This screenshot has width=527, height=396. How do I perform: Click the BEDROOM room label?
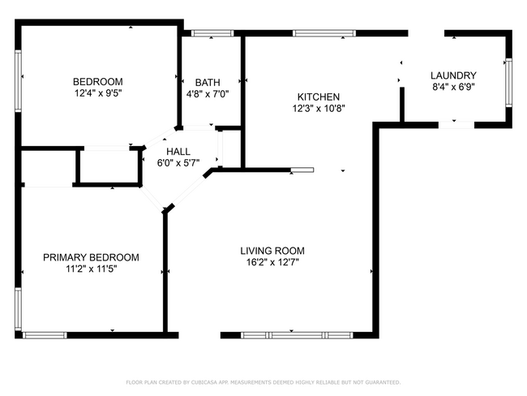[x=97, y=81]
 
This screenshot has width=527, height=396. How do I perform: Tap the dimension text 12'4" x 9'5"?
[x=97, y=93]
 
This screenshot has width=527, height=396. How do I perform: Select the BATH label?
[x=208, y=82]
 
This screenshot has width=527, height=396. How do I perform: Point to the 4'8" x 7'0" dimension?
[x=208, y=93]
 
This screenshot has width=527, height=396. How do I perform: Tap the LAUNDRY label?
[x=452, y=75]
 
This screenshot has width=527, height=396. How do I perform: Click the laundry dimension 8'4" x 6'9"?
[x=452, y=87]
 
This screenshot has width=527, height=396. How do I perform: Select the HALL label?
[x=178, y=152]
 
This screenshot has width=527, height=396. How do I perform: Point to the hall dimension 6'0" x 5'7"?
[x=178, y=163]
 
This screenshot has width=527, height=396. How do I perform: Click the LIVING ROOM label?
[x=272, y=251]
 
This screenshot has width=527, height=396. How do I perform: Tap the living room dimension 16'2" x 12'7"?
[x=272, y=262]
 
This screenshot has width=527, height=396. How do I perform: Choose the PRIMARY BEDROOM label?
[x=91, y=257]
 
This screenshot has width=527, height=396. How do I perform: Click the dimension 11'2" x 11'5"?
[x=91, y=269]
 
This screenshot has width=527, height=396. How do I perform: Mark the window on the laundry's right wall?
[x=508, y=81]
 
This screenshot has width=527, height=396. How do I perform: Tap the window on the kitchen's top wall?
[x=323, y=33]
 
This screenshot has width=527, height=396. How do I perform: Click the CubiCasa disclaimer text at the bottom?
[x=263, y=381]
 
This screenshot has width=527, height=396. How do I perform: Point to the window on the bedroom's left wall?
[x=18, y=76]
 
